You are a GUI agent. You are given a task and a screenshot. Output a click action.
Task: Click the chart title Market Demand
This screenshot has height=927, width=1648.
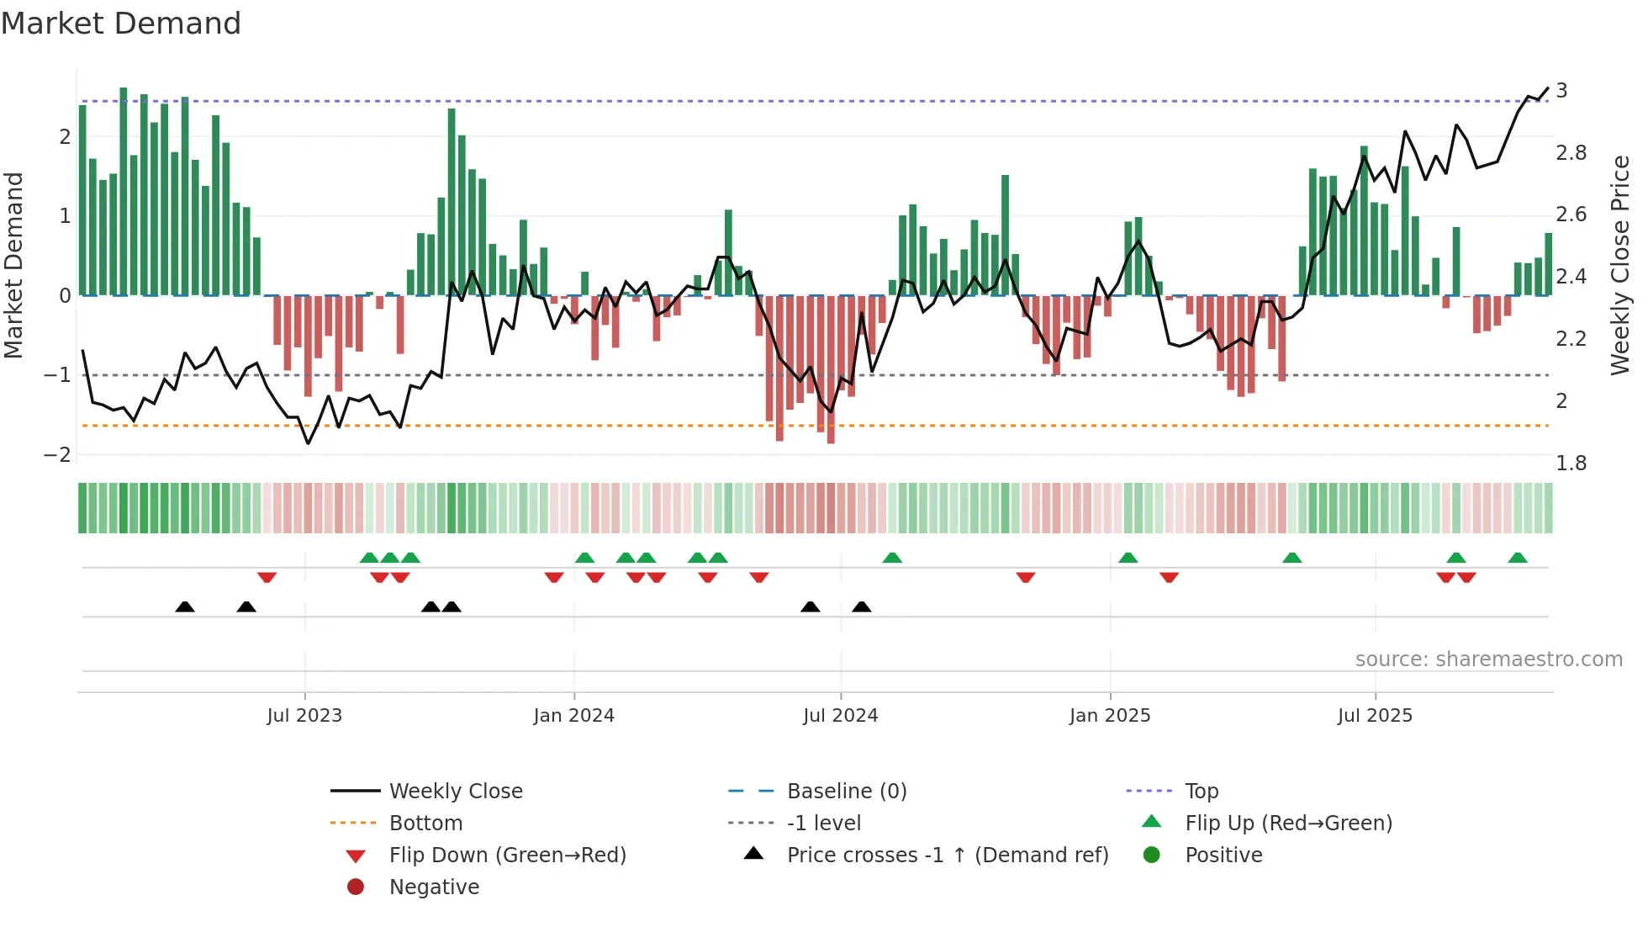(121, 24)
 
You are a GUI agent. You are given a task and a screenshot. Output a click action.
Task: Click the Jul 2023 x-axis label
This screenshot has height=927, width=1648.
(304, 716)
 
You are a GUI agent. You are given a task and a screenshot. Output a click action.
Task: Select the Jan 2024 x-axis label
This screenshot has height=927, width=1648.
(573, 716)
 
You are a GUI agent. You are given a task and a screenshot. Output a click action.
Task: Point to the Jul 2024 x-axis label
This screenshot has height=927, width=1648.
(840, 716)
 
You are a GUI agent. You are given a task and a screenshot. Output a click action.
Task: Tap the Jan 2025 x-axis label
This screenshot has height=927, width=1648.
(1110, 716)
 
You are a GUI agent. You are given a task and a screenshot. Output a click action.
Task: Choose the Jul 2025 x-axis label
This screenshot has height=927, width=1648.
(1375, 716)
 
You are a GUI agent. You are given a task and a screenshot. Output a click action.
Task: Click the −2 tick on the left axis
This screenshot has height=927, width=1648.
(58, 455)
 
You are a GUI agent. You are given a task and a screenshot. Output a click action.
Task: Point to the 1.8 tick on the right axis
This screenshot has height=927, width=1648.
(1571, 463)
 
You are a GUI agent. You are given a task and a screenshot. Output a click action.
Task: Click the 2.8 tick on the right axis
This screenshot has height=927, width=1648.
(1571, 153)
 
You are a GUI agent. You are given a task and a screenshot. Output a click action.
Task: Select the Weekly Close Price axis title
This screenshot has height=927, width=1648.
(1619, 265)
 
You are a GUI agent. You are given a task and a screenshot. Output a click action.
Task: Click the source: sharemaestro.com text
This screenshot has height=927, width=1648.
(1488, 659)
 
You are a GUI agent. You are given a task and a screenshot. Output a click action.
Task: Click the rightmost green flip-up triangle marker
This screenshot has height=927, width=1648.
(1518, 558)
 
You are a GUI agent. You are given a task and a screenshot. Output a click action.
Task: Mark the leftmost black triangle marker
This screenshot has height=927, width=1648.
(185, 607)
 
